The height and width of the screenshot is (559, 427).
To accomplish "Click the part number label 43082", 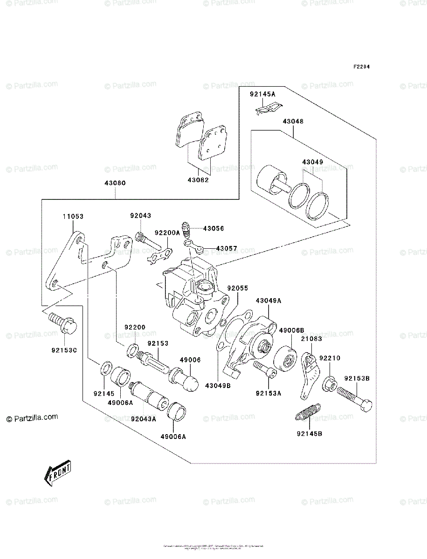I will point(199,180).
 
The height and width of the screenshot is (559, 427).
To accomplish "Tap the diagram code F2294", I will point(361,67).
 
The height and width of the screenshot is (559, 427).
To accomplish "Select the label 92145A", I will point(262,94).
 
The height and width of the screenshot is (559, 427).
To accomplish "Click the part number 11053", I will point(74,217).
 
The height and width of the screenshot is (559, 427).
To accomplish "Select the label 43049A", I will point(269,300).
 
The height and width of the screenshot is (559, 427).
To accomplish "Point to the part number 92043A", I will point(144,419).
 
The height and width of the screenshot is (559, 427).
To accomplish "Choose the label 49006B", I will point(292,330).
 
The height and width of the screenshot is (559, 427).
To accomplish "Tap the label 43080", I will point(115,183).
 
